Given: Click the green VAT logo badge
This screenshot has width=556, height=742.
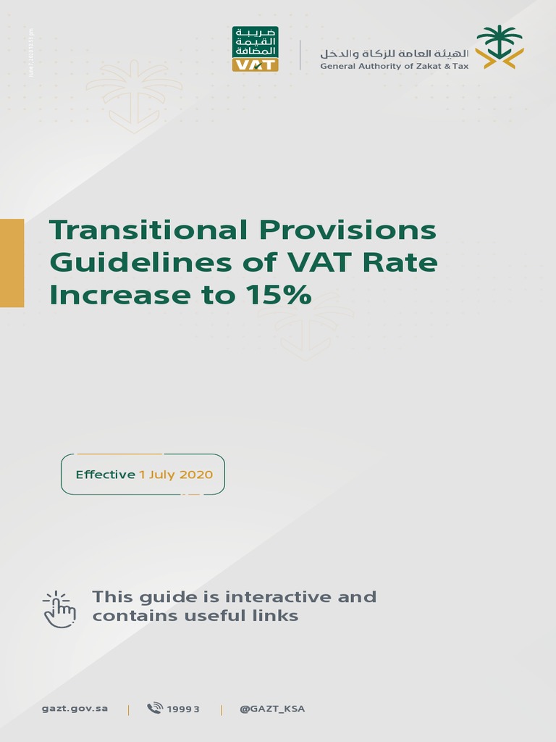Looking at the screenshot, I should click(x=255, y=49).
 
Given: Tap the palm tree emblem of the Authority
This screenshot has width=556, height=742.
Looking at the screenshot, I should click(x=500, y=47).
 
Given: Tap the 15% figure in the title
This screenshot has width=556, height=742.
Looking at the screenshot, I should click(x=279, y=294).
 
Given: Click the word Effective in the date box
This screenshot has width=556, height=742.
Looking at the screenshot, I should click(x=106, y=475).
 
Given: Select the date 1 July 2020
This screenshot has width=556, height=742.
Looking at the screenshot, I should click(x=176, y=475).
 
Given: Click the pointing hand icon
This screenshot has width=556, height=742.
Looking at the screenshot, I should click(x=59, y=609).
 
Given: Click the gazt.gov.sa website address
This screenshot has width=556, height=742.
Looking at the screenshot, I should click(x=75, y=709).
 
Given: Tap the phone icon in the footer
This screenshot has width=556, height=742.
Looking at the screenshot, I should click(x=155, y=709).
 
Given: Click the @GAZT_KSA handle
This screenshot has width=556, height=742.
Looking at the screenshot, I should click(x=272, y=709).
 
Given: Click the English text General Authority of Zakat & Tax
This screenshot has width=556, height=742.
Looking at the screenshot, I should click(x=395, y=66).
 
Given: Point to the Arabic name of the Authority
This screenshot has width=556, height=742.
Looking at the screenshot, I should click(x=395, y=53).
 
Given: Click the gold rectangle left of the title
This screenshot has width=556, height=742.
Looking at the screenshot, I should click(x=12, y=263).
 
